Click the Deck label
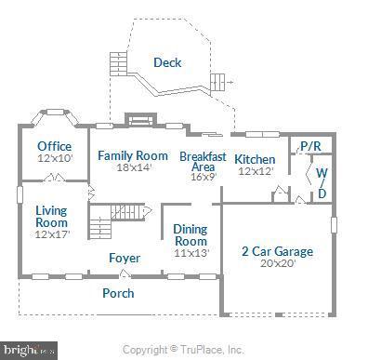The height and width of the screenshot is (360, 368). click(167, 63)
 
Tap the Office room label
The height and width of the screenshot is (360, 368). click(54, 146)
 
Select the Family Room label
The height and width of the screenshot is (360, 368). click(133, 155)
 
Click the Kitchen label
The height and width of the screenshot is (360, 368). click(254, 159)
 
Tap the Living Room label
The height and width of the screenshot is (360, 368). click(51, 216)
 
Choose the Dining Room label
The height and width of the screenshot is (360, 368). click(191, 234)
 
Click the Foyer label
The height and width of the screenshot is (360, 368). click(125, 258)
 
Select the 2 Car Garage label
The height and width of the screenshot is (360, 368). click(277, 251)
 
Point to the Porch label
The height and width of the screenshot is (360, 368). click(118, 293)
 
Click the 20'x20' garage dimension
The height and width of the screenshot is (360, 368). click(277, 264)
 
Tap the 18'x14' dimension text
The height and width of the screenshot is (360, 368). click(133, 168)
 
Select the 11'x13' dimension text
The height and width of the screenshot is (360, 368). click(191, 253)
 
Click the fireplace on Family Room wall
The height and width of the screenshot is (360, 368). click(138, 119)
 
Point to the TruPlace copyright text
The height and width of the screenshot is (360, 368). click(183, 350)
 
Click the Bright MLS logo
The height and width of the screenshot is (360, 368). click(28, 350)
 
